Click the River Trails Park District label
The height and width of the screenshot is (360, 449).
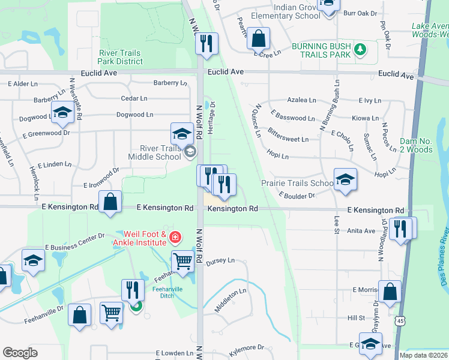click(120, 57)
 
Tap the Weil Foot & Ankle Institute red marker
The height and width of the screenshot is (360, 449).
click(175, 238)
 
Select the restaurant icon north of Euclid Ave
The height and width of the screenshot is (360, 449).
click(206, 44)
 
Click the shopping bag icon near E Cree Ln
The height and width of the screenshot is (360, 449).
click(258, 39)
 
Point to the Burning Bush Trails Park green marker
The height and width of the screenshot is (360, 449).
click(360, 49)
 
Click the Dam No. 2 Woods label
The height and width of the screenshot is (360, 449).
click(424, 145)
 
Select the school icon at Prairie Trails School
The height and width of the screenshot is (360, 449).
click(345, 180)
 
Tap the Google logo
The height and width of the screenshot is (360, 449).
click(20, 353)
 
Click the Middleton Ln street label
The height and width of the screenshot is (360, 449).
click(231, 300)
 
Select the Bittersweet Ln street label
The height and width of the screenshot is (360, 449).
click(288, 139)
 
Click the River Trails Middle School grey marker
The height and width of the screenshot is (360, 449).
click(190, 151)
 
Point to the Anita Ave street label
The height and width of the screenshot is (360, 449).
click(361, 230)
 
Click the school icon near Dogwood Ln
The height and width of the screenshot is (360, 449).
click(62, 112)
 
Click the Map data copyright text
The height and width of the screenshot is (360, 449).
click(423, 355)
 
